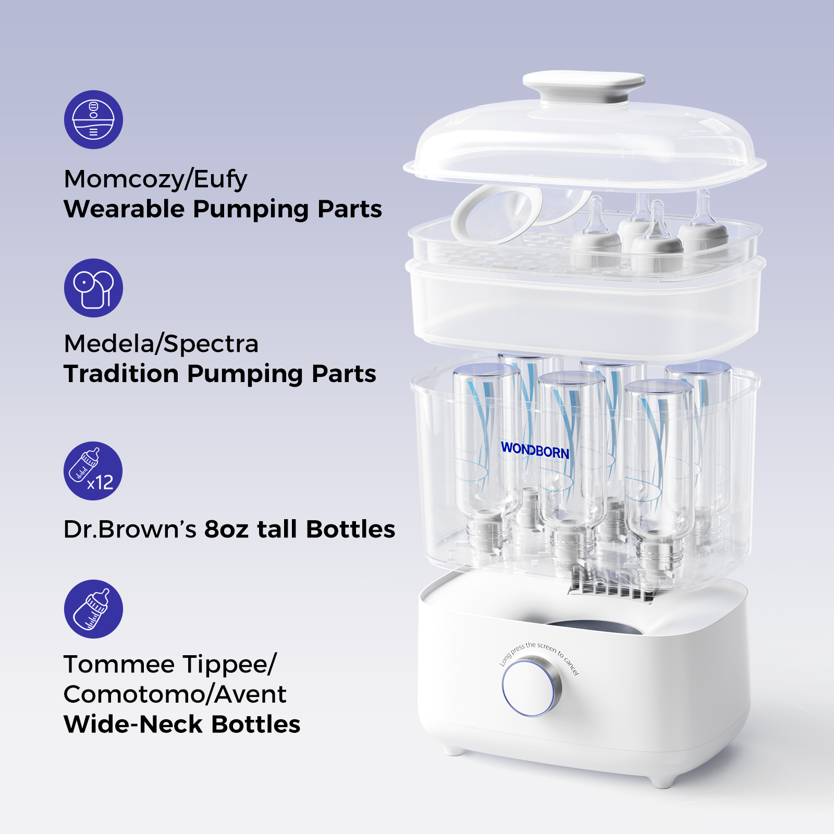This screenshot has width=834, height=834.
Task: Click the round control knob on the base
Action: pyautogui.click(x=531, y=687)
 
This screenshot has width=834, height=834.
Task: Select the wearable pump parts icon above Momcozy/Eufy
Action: pyautogui.click(x=93, y=119)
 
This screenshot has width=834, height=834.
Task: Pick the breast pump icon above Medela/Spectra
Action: pyautogui.click(x=93, y=288)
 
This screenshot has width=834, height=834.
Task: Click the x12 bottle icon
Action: pyautogui.click(x=93, y=471)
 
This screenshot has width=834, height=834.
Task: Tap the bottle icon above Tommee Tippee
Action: pyautogui.click(x=93, y=609)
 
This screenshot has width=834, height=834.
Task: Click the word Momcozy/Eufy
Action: pyautogui.click(x=155, y=179)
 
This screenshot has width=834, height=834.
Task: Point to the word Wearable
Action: pyautogui.click(x=124, y=210)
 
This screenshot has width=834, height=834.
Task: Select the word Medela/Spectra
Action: pyautogui.click(x=161, y=344)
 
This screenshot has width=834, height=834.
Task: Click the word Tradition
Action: pyautogui.click(x=121, y=374)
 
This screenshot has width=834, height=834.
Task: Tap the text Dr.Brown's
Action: pyautogui.click(x=130, y=530)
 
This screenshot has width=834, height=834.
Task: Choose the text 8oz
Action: pyautogui.click(x=226, y=530)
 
